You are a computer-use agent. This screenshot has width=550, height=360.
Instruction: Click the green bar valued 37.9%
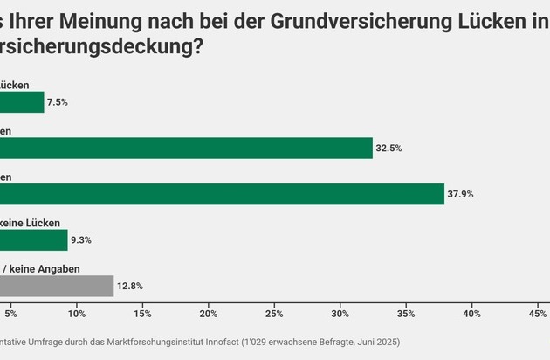click(222, 194)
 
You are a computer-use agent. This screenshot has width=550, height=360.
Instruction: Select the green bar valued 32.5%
click(186, 149)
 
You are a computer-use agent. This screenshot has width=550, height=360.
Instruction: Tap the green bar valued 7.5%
click(22, 102)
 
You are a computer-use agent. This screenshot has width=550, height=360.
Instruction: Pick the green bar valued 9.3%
click(33, 240)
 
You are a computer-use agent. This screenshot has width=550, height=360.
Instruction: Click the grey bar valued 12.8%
click(57, 286)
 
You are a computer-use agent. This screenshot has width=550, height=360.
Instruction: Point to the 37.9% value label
click(460, 194)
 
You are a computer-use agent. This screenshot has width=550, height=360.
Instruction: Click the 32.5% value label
click(388, 149)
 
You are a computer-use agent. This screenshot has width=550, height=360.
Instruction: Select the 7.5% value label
click(58, 102)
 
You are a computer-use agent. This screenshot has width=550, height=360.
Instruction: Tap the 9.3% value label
click(81, 240)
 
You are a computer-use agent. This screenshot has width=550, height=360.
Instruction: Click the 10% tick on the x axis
click(77, 313)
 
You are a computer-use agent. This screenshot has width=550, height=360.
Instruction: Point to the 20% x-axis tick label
click(209, 313)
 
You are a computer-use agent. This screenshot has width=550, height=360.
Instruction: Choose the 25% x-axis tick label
click(274, 313)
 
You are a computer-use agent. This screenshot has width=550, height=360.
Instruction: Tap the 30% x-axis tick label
click(340, 313)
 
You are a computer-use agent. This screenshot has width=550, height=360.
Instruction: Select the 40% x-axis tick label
click(472, 313)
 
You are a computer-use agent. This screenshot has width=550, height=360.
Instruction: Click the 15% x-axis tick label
click(142, 313)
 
